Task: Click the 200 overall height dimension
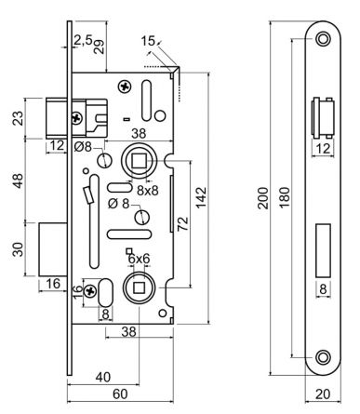(x=263, y=197)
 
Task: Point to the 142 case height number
(x=201, y=197)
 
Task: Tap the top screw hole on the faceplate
(x=323, y=39)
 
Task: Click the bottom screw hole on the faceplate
(x=323, y=356)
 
